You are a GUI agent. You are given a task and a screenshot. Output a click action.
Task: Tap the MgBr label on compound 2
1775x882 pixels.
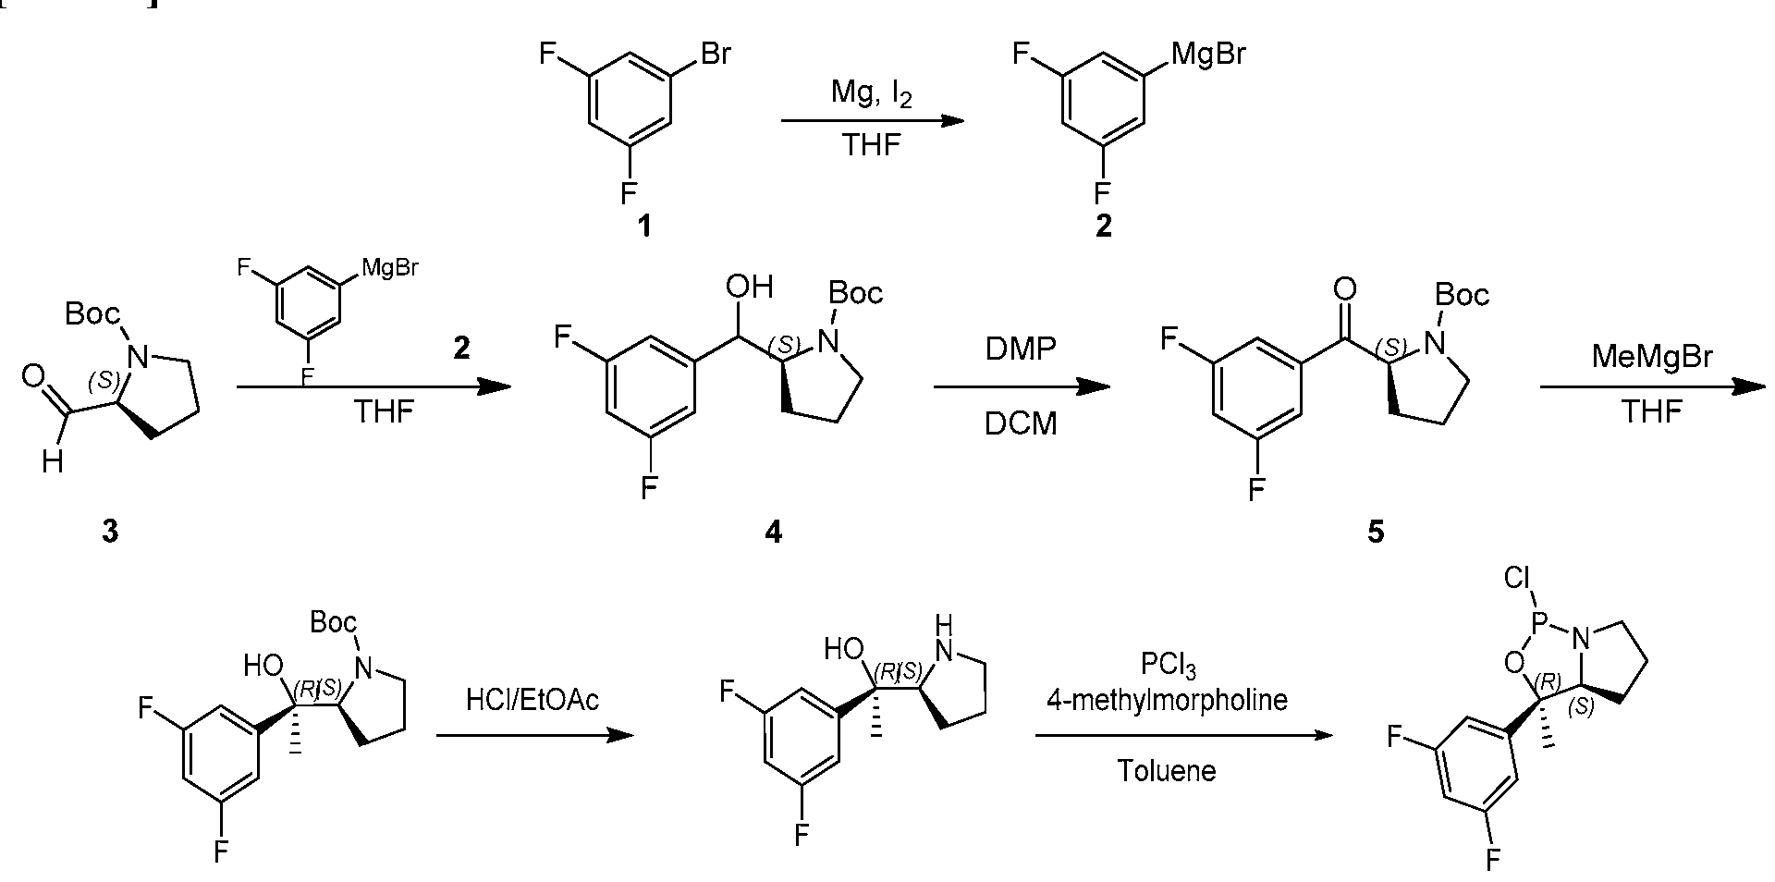1208,55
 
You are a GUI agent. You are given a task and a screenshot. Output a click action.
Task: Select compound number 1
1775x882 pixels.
644,225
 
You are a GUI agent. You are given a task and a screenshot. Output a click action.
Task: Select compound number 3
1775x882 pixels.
110,532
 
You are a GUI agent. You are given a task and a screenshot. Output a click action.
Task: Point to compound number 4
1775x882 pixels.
773,532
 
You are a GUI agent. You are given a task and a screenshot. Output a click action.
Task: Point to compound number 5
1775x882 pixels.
1376,532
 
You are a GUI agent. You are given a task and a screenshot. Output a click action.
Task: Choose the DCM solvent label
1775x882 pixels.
1021,426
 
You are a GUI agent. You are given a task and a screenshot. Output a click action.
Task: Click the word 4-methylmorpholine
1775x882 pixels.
1167,701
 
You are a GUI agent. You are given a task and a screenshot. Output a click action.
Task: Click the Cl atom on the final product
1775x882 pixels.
1518,579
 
